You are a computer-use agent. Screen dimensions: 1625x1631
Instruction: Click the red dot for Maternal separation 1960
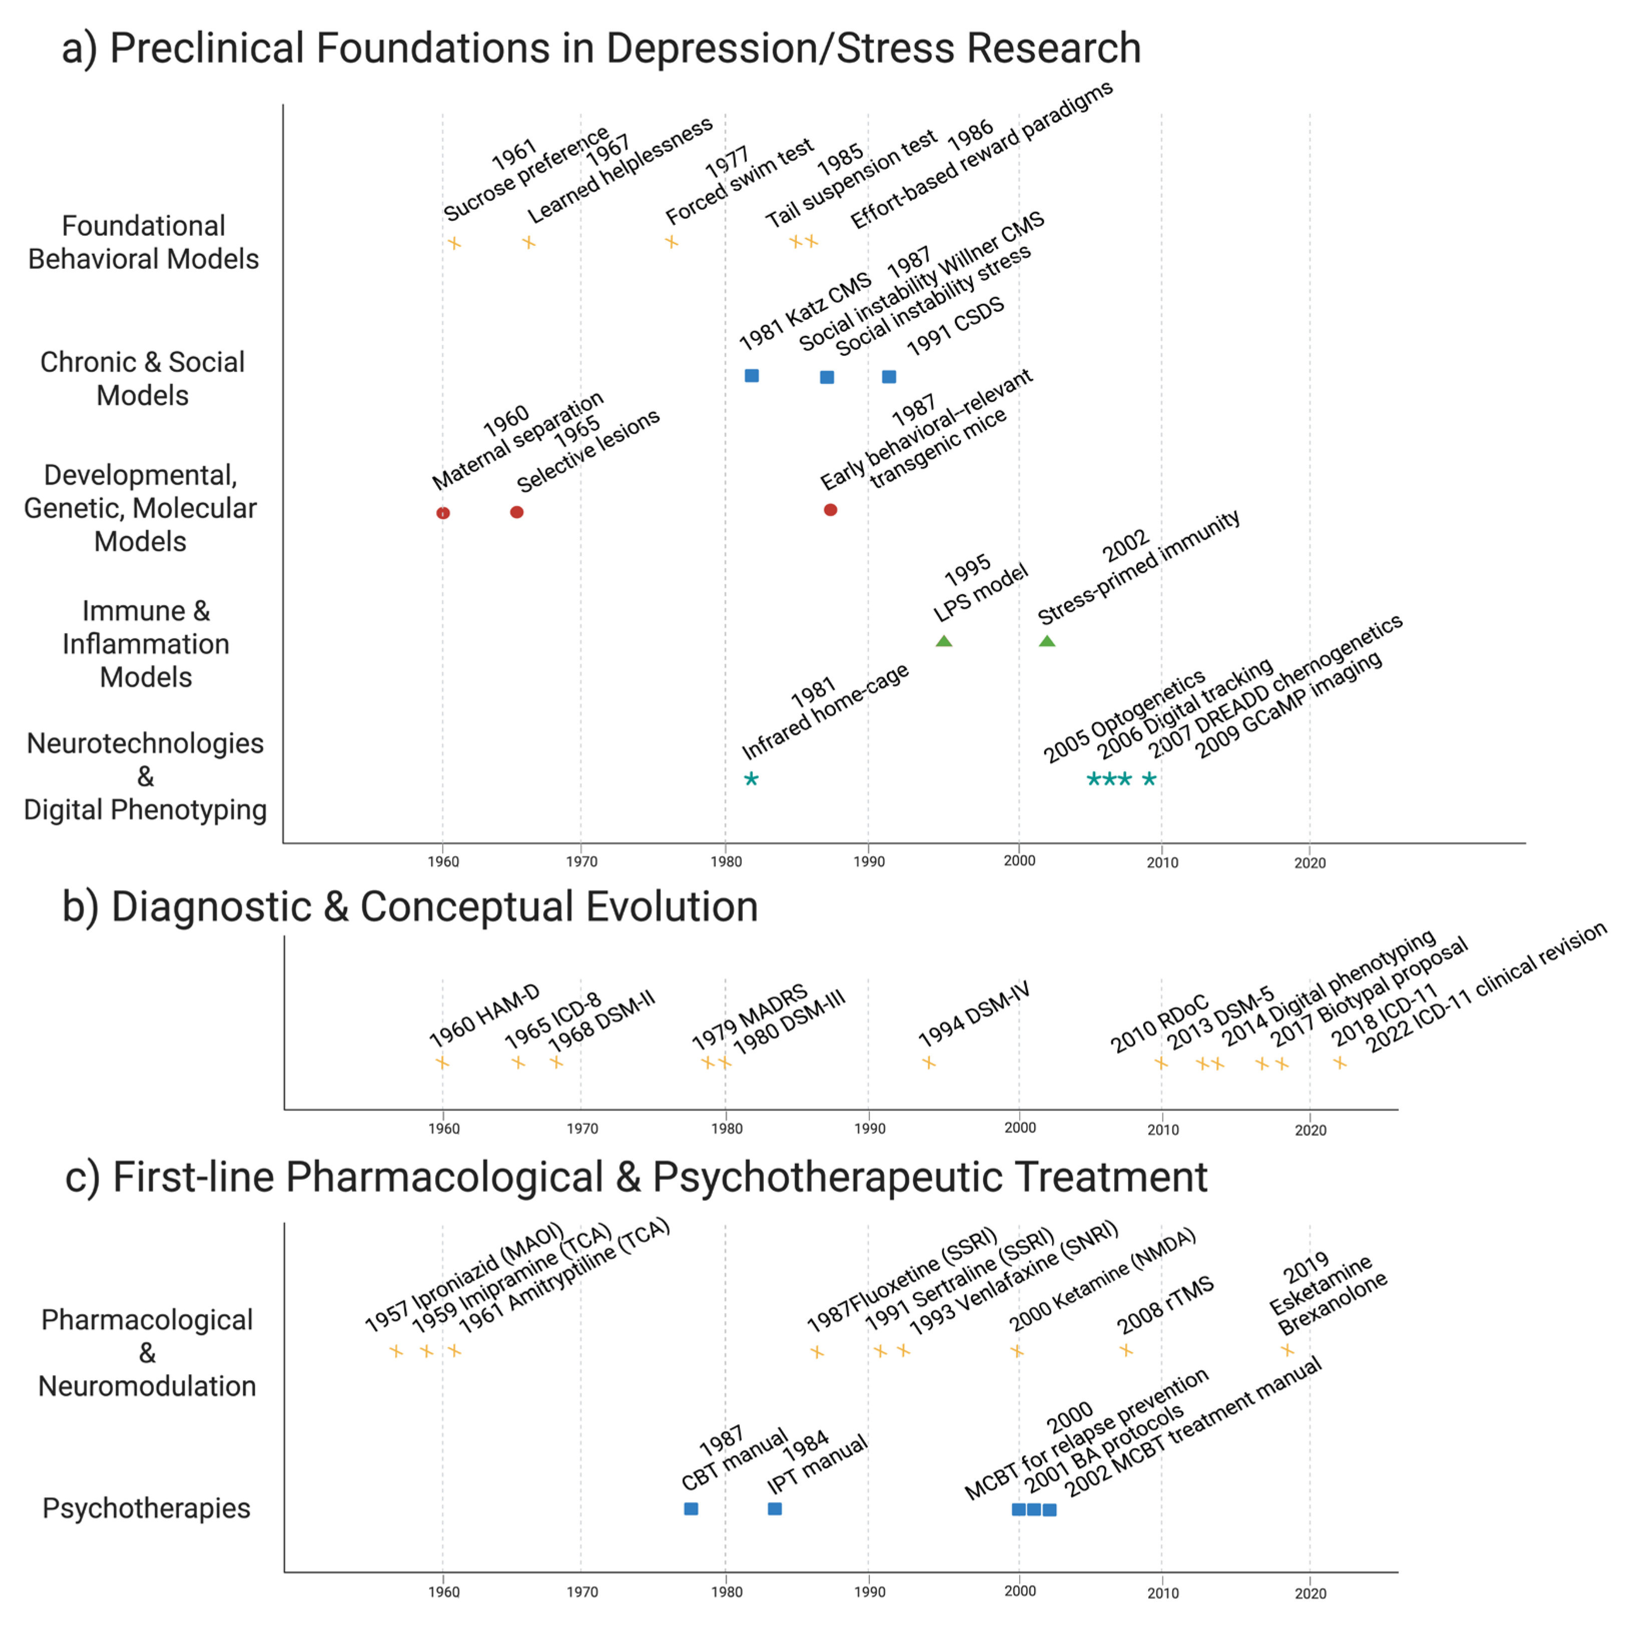pos(443,513)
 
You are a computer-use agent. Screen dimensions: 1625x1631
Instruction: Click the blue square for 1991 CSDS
pos(889,376)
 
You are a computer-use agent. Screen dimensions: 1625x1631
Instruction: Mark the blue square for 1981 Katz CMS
pos(751,375)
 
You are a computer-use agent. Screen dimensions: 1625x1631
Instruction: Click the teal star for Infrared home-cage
pos(751,779)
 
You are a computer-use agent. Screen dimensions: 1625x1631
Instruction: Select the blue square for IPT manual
pos(774,1508)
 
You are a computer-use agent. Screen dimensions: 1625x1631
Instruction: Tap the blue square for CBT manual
pos(691,1508)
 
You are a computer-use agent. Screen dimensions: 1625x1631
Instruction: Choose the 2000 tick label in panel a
pos(1019,860)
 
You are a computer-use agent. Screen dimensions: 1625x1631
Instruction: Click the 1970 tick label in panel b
pos(582,1128)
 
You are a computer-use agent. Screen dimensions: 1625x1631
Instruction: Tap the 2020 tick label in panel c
pos(1310,1593)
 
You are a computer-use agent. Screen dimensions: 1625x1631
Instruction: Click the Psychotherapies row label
pos(146,1508)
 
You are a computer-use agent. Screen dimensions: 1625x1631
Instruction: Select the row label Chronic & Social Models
pos(143,378)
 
